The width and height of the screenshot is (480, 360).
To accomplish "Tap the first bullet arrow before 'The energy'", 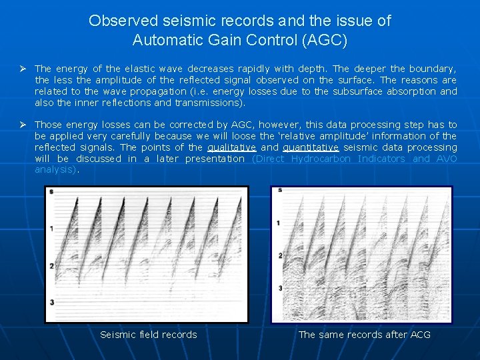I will coord(23,68).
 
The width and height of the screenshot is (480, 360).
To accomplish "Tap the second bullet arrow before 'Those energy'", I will coord(23,125).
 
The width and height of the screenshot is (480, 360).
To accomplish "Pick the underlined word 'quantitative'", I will coord(311,147).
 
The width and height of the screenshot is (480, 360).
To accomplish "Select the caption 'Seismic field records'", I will coord(148,335).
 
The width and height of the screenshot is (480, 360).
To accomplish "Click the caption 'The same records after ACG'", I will coord(364,335).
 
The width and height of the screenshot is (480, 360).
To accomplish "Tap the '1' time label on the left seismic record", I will coord(52,229).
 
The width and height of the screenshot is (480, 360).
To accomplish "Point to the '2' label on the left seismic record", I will coord(52,265).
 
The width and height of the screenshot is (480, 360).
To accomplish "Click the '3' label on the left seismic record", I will coord(52,303).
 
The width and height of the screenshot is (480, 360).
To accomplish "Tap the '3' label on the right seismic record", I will coord(280,288).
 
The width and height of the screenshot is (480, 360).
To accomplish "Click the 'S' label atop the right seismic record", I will coord(280,191).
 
